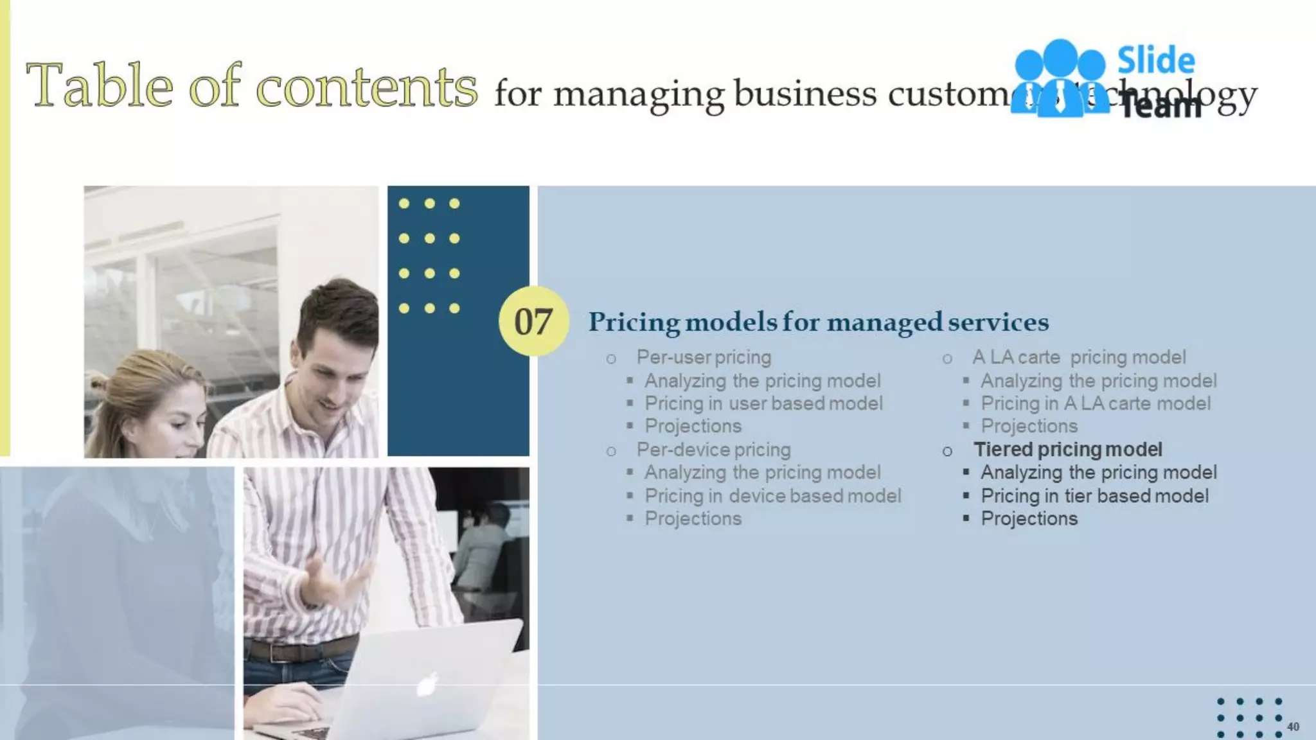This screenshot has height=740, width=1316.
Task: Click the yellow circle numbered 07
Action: [x=533, y=321]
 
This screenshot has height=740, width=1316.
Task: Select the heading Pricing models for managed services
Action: [x=818, y=322]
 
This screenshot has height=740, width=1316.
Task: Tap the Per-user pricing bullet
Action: [x=703, y=357]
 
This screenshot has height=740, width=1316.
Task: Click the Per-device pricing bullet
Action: [x=713, y=450]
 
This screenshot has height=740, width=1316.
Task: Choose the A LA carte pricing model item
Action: [x=1079, y=357]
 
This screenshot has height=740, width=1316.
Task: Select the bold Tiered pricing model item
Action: [x=1067, y=450]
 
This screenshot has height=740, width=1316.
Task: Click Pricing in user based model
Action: [x=763, y=403]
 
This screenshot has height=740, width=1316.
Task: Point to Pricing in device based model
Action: [x=772, y=496]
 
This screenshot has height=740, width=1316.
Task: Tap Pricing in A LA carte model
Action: [x=1095, y=403]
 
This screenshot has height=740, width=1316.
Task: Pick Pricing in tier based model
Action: [x=1094, y=496]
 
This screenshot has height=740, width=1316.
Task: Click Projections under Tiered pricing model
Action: [x=1029, y=518]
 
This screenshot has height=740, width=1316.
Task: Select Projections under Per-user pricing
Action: [x=693, y=426]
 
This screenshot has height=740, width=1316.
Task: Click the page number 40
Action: [x=1293, y=727]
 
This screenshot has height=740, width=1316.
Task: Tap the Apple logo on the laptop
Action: [x=427, y=685]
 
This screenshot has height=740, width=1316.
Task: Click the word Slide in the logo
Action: [x=1156, y=61]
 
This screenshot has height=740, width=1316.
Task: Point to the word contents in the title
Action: [x=367, y=87]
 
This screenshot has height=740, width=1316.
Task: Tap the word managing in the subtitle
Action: [x=639, y=94]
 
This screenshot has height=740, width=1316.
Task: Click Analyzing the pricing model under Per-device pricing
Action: [x=762, y=473]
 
